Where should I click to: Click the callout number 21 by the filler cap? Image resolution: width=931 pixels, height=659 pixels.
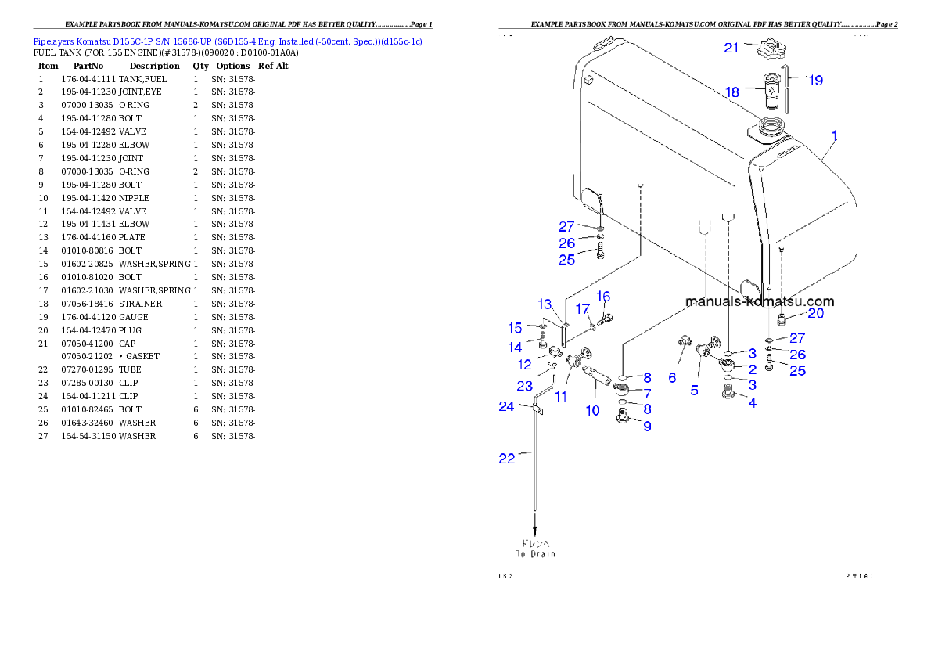[x=731, y=49]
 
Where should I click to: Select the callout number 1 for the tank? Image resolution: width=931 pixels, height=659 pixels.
[x=835, y=135]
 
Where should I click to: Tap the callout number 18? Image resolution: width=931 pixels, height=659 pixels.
[x=731, y=92]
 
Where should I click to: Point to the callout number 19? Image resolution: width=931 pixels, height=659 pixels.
[x=815, y=80]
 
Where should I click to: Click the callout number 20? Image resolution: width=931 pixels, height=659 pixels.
[x=815, y=314]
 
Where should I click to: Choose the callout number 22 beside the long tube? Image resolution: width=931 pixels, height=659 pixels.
[x=507, y=459]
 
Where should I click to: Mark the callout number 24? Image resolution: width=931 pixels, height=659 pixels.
[x=507, y=406]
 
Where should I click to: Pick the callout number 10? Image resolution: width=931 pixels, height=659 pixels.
[x=592, y=410]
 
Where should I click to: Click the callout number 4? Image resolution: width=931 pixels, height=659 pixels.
[x=752, y=404]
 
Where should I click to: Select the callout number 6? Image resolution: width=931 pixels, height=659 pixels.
[x=672, y=377]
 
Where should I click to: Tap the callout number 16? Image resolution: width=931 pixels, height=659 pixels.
[x=603, y=297]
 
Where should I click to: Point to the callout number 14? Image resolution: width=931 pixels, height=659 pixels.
[x=515, y=347]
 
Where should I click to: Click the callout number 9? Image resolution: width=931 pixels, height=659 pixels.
[x=647, y=427]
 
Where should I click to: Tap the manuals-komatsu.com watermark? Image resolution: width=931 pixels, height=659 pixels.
[x=759, y=301]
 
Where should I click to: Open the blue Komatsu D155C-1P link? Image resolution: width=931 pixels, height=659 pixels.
[x=228, y=41]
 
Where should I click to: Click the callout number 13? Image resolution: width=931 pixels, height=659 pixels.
[x=545, y=304]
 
